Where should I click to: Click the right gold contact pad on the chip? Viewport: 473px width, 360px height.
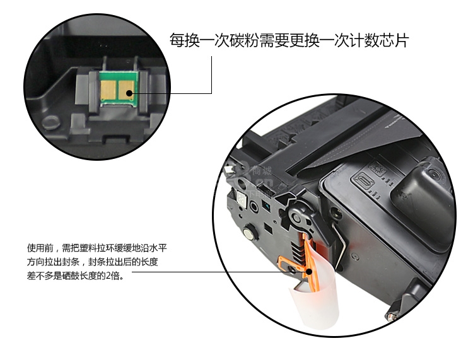(126, 90)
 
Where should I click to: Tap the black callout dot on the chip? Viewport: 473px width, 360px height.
(129, 93)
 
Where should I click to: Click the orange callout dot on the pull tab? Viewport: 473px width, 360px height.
(309, 272)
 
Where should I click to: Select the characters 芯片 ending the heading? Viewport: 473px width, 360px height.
(394, 40)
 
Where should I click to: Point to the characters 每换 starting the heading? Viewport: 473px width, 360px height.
(184, 40)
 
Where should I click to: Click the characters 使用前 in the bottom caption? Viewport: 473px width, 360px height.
(40, 248)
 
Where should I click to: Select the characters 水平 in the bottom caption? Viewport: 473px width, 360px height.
(158, 248)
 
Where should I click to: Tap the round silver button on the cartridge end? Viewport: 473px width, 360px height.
(248, 233)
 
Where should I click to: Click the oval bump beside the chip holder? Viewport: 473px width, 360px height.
(50, 123)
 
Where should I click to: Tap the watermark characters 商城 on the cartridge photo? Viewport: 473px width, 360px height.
(262, 171)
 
